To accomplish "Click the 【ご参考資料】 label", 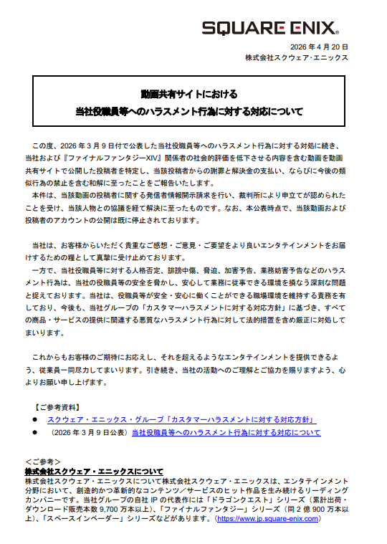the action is point(60,406).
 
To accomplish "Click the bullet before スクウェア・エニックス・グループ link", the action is point(32,420).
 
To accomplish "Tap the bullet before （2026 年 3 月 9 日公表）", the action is point(32,433).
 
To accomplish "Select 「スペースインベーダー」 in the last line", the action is point(75,518).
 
